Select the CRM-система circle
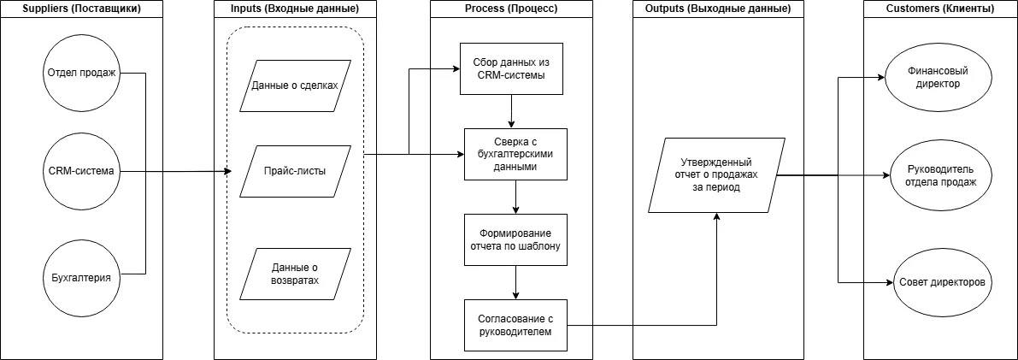(81, 171)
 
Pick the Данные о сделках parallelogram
(295, 86)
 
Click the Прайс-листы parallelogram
(295, 171)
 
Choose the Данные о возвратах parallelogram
(295, 274)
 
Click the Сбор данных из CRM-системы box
(511, 69)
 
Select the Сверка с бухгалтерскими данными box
(515, 155)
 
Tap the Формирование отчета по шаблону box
(515, 240)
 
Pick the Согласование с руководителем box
(515, 325)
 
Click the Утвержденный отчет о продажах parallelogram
(716, 175)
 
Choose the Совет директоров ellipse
(939, 282)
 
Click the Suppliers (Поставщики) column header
(81, 9)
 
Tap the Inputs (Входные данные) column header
(295, 9)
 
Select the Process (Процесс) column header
(511, 9)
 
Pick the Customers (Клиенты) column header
(940, 9)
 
